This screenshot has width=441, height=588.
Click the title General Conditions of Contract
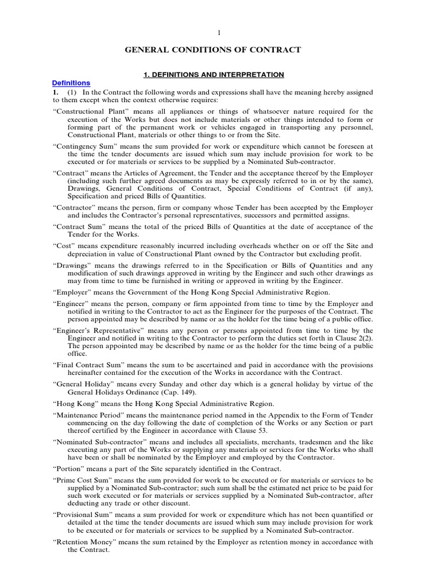pyautogui.click(x=212, y=51)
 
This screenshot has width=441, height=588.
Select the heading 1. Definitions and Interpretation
pyautogui.click(x=213, y=75)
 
